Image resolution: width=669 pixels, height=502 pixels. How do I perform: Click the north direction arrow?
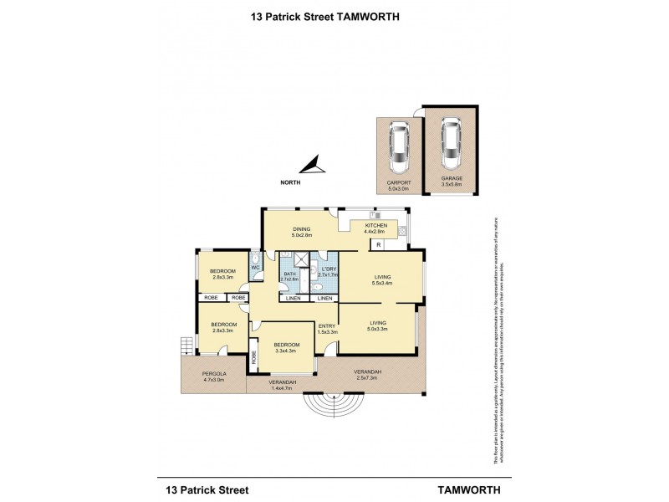(x=310, y=165)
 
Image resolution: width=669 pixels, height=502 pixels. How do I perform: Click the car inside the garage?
(x=452, y=143)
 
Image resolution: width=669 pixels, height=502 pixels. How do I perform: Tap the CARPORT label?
(x=398, y=182)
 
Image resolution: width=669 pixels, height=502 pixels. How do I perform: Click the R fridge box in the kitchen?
(x=379, y=244)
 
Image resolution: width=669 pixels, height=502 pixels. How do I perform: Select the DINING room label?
(x=301, y=229)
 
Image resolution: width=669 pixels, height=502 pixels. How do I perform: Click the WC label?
(x=256, y=268)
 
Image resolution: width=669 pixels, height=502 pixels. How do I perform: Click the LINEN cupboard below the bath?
(x=292, y=299)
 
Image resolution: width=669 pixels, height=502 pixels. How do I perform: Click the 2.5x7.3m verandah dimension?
(x=367, y=377)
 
